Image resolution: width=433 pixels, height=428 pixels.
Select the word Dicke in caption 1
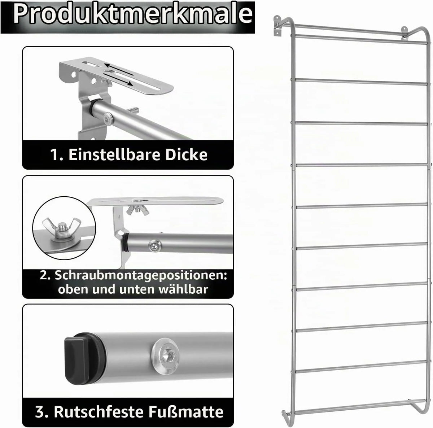point(187,155)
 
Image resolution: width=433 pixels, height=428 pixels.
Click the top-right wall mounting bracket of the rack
point(404,33)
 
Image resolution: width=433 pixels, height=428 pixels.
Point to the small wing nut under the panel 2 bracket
point(138,209)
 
